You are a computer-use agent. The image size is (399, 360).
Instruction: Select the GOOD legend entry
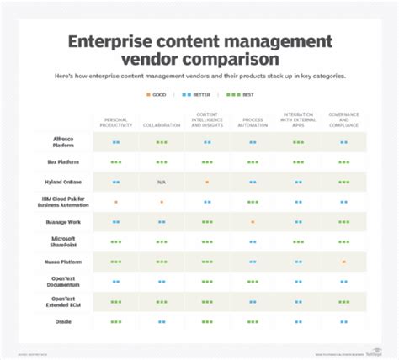point(157,96)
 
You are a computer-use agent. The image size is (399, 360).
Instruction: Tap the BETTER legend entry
point(199,96)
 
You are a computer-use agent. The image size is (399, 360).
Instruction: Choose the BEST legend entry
point(244,96)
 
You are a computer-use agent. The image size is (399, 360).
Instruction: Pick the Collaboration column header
point(161,126)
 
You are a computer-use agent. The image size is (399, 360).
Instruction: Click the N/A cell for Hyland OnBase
point(161,182)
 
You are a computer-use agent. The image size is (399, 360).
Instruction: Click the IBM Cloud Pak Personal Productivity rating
point(115,202)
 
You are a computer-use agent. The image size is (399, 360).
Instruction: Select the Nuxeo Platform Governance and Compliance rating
point(343,262)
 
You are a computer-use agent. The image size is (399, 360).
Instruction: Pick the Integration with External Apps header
point(298,120)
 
